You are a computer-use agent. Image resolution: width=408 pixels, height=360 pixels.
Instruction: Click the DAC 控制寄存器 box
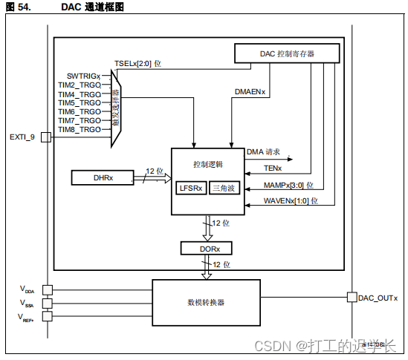(x=287, y=53)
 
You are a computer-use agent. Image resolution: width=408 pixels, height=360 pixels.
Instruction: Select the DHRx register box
(x=103, y=177)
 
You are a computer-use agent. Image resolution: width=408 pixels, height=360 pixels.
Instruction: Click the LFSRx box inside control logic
(x=190, y=188)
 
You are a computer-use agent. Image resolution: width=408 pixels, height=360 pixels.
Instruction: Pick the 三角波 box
(x=224, y=188)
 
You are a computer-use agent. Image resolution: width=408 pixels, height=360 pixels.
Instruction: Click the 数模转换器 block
(x=206, y=302)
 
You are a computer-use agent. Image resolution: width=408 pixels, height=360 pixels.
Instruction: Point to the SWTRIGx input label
(x=83, y=76)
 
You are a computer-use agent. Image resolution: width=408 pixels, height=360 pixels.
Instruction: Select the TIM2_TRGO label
(x=80, y=85)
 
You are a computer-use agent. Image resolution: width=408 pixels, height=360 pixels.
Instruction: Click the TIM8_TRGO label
(x=80, y=129)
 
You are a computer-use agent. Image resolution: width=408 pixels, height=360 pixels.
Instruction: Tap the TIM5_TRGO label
(x=80, y=102)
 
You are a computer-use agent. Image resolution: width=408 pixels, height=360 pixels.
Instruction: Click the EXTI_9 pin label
(x=22, y=137)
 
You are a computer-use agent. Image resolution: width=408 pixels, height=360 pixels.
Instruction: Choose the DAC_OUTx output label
(x=378, y=298)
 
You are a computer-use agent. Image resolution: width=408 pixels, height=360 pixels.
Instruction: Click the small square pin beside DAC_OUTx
(x=352, y=298)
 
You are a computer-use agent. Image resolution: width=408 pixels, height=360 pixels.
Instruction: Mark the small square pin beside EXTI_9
(x=45, y=137)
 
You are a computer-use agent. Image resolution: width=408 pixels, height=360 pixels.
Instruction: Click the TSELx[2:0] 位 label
(x=137, y=64)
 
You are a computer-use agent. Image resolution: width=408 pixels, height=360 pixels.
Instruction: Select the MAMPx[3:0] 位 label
(x=288, y=185)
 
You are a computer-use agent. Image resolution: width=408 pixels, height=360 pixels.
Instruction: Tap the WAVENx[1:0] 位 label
(x=291, y=200)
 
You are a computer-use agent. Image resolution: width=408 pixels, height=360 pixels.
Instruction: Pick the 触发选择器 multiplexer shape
(x=116, y=108)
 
